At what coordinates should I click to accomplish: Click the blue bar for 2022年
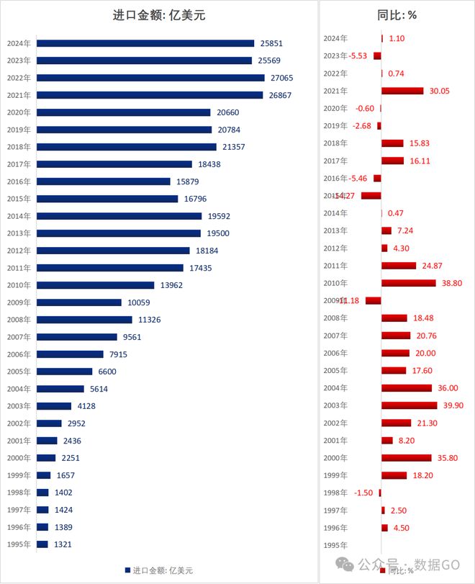point(150,78)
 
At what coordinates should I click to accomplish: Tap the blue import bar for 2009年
point(79,302)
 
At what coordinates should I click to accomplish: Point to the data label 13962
point(171,285)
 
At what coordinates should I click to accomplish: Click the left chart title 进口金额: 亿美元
point(159,14)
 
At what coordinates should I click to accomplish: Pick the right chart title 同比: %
point(397,14)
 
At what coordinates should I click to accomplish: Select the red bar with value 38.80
point(409,283)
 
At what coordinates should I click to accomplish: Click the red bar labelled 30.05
point(402,91)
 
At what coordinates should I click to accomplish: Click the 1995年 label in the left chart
point(19,544)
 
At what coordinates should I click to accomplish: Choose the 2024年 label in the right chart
point(335,38)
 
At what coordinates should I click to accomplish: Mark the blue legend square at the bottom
point(127,570)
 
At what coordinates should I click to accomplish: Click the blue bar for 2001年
point(47,441)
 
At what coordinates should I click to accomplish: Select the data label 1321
point(64,544)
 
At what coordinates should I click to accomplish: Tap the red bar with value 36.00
point(407,387)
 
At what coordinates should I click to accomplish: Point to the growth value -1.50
point(365,493)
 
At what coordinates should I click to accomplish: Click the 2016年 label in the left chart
point(19,181)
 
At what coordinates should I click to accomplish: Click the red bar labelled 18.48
point(395,318)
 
